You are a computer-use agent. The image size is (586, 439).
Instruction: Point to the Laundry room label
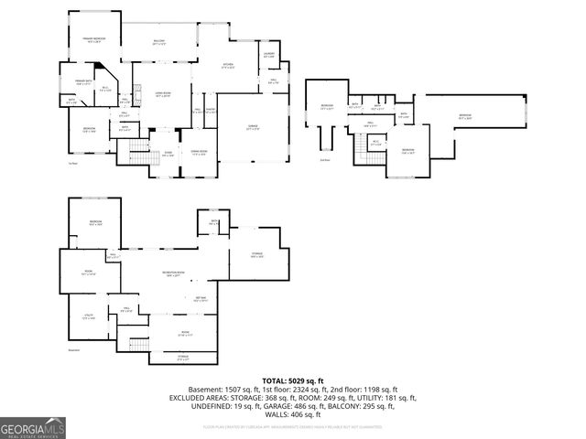[269, 56]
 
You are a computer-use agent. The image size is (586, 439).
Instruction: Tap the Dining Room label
[199, 153]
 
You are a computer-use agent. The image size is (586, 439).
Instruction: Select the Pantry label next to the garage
[210, 112]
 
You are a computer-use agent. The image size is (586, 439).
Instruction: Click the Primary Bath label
[77, 82]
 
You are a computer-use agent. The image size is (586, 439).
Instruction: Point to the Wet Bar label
[200, 298]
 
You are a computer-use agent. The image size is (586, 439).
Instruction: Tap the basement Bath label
[212, 222]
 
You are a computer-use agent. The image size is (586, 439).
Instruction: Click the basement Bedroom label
[95, 224]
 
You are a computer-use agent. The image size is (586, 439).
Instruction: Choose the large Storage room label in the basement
[257, 255]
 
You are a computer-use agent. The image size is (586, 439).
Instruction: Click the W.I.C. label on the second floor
[375, 143]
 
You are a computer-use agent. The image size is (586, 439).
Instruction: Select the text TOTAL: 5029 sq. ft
[293, 380]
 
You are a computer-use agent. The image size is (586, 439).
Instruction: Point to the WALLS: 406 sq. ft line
[293, 412]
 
